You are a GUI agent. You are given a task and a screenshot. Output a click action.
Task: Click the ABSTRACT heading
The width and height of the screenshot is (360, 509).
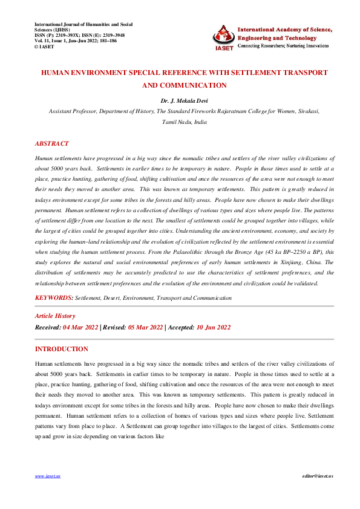52,144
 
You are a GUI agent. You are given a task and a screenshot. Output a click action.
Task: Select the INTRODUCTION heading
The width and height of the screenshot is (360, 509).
61,349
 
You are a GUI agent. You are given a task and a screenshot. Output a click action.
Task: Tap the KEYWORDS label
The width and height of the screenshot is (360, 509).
54,298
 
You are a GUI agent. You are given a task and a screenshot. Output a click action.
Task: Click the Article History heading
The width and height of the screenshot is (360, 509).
55,316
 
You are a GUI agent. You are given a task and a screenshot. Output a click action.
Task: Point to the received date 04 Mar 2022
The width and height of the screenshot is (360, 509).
82,328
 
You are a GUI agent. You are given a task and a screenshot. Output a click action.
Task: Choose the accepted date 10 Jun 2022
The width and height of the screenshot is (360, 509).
212,328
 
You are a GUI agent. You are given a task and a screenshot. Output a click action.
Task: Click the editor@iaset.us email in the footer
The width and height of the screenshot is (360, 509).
318,476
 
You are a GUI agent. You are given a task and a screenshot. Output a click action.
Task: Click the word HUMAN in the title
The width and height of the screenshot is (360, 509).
56,73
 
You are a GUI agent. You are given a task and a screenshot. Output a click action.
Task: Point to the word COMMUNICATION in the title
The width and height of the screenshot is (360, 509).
194,85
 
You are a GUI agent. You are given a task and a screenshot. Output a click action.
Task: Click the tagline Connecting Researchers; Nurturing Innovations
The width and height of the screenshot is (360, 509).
283,46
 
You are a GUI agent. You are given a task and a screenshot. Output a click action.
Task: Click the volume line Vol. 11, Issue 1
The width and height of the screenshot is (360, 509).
76,41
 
